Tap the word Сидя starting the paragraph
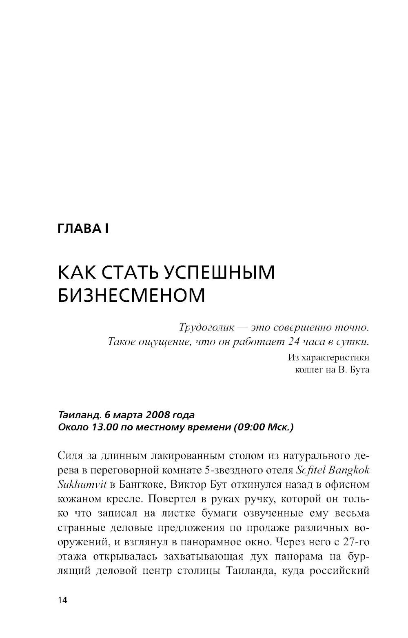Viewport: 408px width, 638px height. tap(72, 456)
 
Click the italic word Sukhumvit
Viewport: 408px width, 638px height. tap(83, 485)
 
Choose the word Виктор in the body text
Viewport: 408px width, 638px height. tap(192, 485)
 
